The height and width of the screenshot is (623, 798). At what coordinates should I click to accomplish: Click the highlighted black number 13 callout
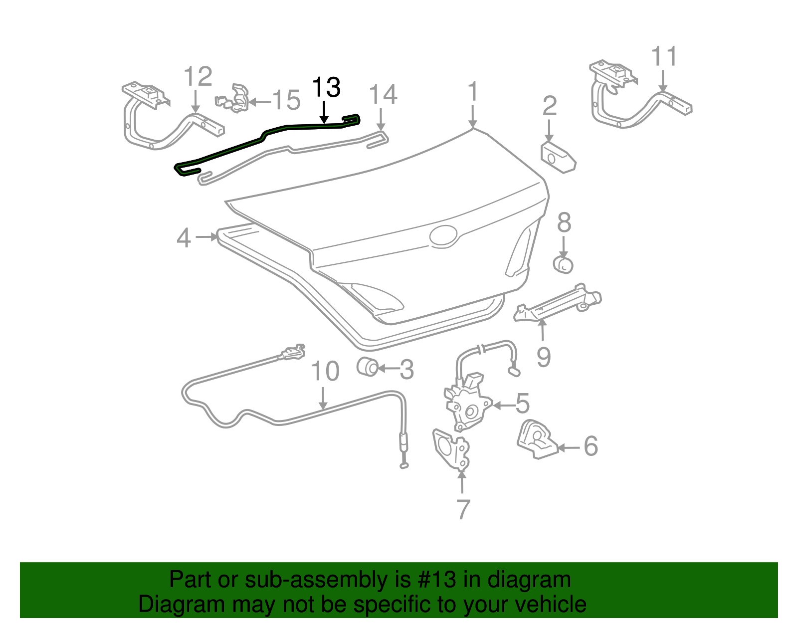pos(326,88)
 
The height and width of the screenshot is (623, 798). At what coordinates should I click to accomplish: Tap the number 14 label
pos(383,95)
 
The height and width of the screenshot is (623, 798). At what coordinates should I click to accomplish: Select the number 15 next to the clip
pos(286,100)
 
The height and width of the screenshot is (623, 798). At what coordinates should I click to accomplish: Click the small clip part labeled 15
pos(234,99)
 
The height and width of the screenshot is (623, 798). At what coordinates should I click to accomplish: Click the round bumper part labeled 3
pos(368,367)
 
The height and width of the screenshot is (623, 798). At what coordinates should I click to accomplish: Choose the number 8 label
pos(564,223)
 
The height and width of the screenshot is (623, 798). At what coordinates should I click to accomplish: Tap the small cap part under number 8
pos(563,264)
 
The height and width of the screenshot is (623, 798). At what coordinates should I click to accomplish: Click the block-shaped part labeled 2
pos(558,158)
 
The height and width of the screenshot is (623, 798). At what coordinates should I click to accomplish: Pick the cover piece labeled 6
pos(537,440)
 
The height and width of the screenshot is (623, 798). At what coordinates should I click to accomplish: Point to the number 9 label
pos(544,357)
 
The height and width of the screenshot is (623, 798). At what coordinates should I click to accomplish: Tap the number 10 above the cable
pos(325,372)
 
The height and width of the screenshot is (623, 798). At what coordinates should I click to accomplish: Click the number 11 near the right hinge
pos(665,57)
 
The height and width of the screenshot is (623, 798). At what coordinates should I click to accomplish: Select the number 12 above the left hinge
pos(198,77)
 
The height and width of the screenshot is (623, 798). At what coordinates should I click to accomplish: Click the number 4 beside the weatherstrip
pos(184,238)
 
